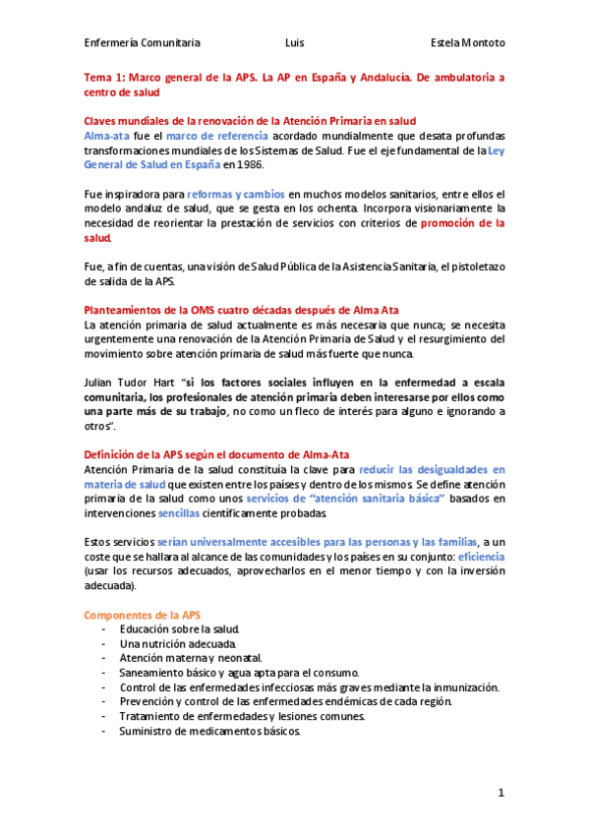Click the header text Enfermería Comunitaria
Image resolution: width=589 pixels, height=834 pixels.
[143, 43]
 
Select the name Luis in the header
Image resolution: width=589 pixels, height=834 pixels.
[294, 43]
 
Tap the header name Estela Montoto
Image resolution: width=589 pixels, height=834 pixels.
[468, 43]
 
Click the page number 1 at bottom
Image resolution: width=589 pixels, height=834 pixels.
[501, 793]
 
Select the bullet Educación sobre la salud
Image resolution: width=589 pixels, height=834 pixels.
[180, 629]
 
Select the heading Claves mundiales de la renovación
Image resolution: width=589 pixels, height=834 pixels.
[250, 120]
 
